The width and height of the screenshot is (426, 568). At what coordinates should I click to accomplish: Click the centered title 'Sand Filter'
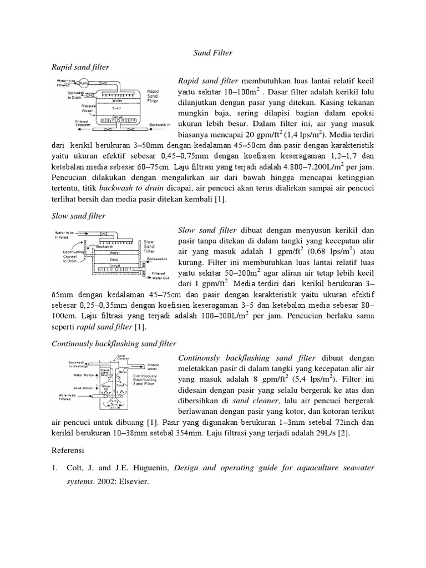[213, 53]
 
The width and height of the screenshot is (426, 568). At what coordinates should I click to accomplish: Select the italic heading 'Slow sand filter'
[78, 215]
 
